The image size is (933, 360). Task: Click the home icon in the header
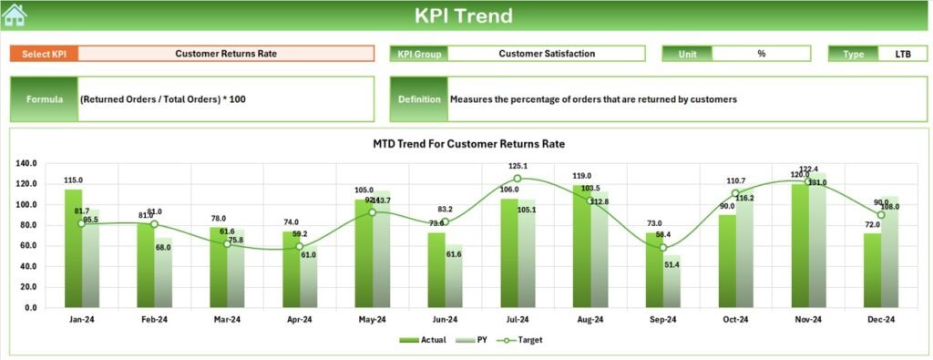pos(15,15)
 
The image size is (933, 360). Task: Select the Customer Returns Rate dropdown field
pos(226,54)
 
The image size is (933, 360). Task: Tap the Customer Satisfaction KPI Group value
pos(547,54)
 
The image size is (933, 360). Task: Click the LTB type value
pos(902,54)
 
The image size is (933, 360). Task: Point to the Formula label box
pos(45,98)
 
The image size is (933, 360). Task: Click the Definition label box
pos(418,98)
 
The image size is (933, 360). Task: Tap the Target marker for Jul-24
pos(518,179)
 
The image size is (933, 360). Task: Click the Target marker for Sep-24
pos(663,247)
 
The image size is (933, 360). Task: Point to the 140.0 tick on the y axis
pos(26,164)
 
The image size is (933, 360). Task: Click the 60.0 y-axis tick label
pos(29,246)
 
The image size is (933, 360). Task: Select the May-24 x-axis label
pos(372,320)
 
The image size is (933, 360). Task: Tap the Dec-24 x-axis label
pos(881,320)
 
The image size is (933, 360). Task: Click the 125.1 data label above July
pos(518,166)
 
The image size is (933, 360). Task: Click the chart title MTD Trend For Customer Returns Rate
pos(469,144)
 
